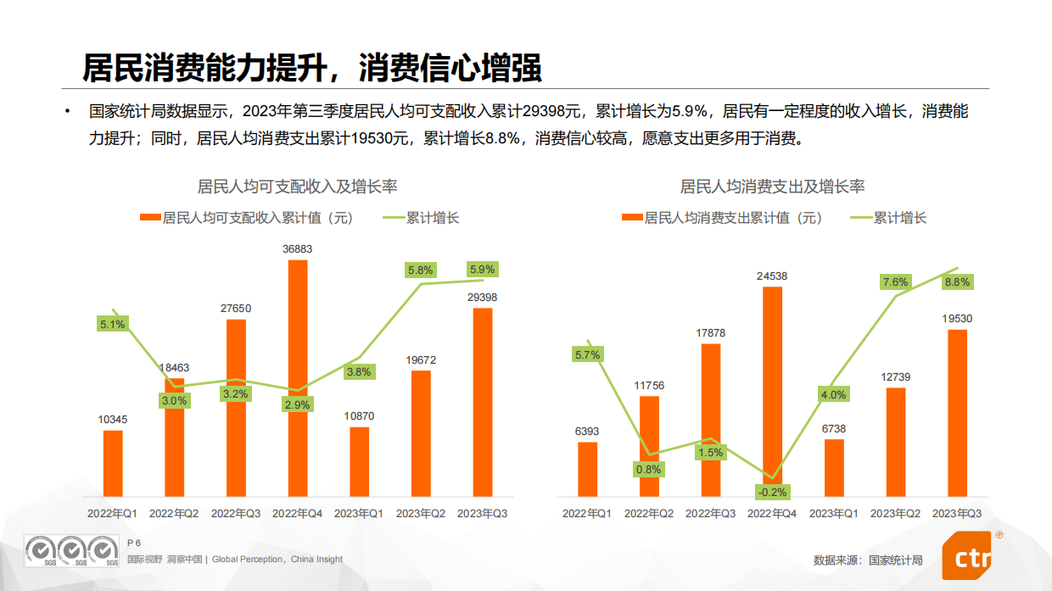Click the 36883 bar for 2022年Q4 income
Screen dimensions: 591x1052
[298, 377]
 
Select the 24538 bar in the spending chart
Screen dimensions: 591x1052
[772, 390]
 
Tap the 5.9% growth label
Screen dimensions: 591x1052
[483, 270]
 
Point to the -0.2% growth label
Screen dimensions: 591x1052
[772, 492]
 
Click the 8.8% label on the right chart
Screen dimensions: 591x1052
[957, 282]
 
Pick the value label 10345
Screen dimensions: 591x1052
[112, 419]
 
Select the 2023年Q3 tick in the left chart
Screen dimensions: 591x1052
[482, 513]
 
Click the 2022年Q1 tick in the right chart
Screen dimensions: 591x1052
[587, 514]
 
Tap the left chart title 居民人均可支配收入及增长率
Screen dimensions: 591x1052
[298, 187]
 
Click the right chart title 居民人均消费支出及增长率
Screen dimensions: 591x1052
[772, 187]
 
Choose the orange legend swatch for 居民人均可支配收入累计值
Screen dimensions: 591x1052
[150, 218]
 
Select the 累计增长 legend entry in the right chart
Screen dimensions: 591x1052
[900, 218]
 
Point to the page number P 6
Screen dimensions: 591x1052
[133, 543]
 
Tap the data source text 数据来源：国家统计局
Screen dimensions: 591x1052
[867, 560]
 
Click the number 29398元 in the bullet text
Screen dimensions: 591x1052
[551, 111]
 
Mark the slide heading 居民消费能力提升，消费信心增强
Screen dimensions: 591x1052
[312, 69]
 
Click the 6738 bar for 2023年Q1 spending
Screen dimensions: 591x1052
[834, 467]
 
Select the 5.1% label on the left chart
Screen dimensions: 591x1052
[112, 324]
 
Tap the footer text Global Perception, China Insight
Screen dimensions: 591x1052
[277, 560]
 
